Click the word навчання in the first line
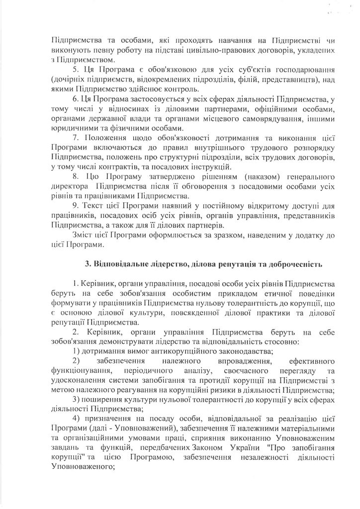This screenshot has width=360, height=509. tap(221, 41)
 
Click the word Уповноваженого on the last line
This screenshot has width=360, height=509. tap(80, 452)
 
